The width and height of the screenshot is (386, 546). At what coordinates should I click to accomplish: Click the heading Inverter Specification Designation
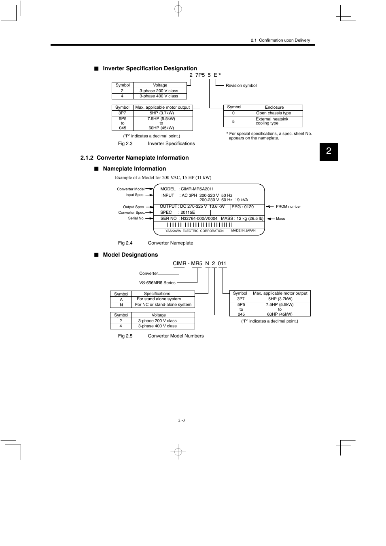coord(150,68)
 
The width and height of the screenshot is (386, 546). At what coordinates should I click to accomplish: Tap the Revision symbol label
coord(241,86)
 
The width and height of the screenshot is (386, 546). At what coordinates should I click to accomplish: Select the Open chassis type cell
coord(274,113)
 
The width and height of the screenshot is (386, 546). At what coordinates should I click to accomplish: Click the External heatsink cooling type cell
coord(272,121)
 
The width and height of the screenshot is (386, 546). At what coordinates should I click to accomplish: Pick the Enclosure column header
coord(274,108)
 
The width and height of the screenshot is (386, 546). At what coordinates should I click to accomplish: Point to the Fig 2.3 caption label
coord(125,143)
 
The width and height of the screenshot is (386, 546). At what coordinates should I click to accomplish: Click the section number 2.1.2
coord(87,158)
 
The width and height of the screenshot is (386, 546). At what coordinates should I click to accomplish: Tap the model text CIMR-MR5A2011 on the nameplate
coord(197,189)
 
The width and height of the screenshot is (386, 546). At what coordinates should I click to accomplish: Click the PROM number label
coord(288,207)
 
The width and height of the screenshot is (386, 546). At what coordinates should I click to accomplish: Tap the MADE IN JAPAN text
coord(243,230)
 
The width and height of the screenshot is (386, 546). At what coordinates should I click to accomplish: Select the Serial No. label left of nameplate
coord(136,218)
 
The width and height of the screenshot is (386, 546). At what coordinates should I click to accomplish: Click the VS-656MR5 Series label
coord(157,282)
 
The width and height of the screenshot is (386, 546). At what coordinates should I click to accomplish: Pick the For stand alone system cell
coord(159,299)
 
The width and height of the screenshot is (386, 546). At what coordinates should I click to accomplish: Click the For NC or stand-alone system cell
coord(163,305)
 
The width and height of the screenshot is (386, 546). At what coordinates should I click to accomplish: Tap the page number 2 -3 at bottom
coord(181,420)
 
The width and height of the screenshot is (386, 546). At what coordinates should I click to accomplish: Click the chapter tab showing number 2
coord(329,152)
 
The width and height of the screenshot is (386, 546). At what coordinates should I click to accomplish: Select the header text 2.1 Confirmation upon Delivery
coord(280,40)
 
